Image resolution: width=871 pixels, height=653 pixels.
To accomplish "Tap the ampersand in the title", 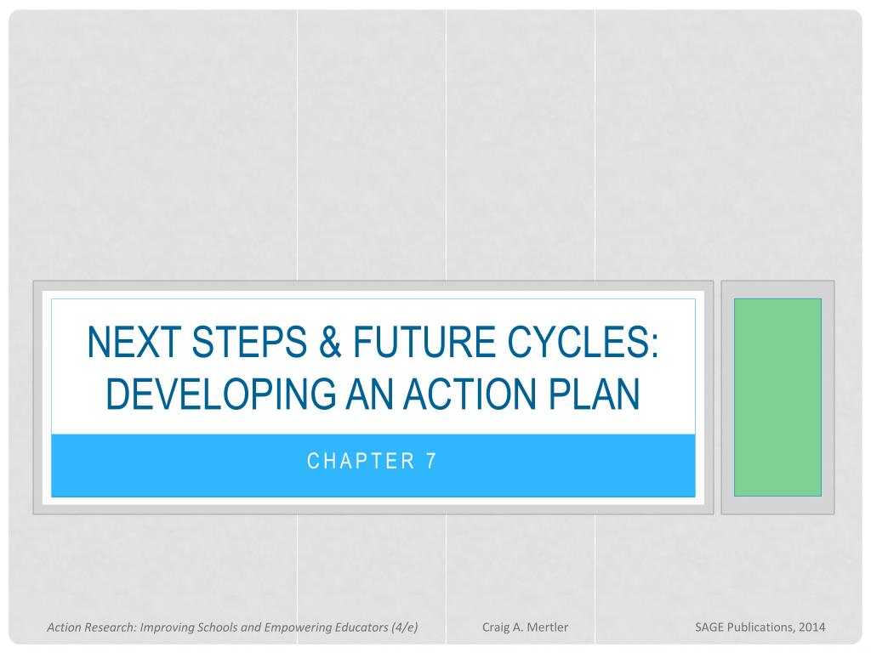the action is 330,342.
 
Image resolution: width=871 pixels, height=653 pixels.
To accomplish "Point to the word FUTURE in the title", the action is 424,342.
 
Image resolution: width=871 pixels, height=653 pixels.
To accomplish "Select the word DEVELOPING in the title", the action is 221,394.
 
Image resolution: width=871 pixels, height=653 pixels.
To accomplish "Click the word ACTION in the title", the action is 471,394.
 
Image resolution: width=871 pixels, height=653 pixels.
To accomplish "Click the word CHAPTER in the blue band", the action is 361,461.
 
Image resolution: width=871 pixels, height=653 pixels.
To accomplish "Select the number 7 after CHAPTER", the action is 431,461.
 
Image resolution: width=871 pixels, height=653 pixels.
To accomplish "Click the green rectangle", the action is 777,397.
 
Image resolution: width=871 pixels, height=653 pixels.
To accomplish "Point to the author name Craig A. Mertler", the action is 525,627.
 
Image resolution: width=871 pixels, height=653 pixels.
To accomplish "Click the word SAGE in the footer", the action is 709,627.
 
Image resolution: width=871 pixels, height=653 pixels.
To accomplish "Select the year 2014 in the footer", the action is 812,627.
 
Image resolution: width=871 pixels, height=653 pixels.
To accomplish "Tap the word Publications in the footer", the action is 761,627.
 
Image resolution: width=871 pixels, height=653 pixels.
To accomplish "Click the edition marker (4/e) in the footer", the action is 404,627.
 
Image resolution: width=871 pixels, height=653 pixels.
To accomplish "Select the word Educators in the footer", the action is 361,627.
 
